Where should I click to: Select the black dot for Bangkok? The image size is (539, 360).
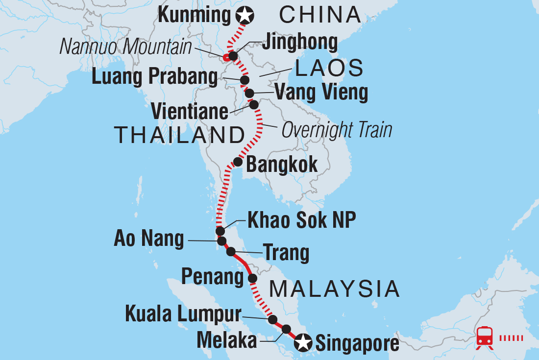point(238,162)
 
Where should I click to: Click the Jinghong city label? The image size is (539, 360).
point(299,43)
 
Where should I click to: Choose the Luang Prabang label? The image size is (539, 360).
point(154,77)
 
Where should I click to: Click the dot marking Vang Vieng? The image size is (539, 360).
point(249,93)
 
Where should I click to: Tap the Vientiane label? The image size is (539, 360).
point(190,111)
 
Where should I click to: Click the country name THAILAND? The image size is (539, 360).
point(179,135)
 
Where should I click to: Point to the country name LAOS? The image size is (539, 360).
point(329,69)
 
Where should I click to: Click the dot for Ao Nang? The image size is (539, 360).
point(221,241)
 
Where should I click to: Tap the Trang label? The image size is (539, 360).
point(286,253)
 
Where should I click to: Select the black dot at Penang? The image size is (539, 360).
point(252,279)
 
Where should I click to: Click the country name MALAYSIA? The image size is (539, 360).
point(335,289)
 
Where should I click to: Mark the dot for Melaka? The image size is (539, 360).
point(286,329)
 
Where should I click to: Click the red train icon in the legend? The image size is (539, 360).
point(485,337)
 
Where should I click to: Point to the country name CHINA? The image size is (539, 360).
point(320,16)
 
